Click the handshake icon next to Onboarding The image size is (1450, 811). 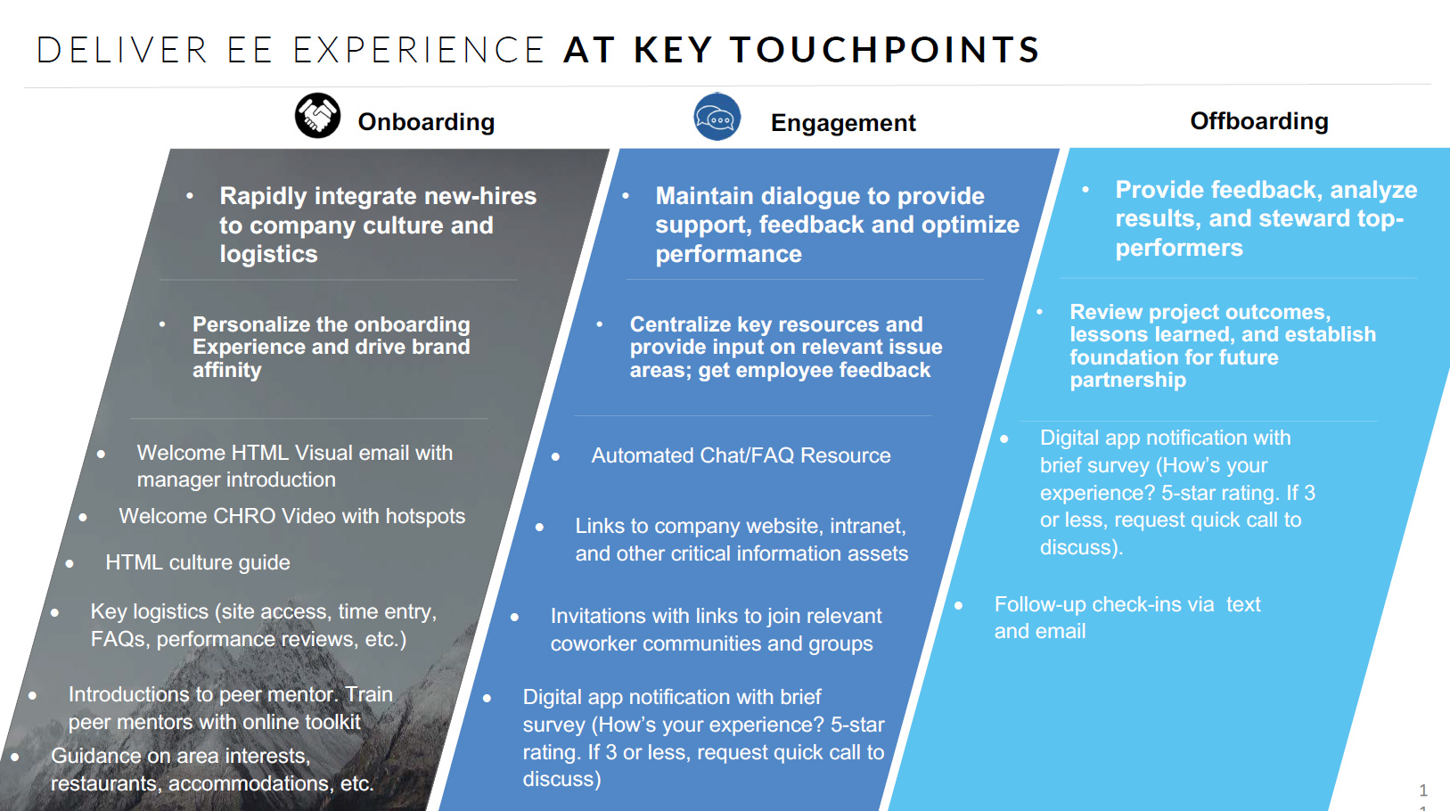point(317,116)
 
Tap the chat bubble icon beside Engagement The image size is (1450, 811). point(717,117)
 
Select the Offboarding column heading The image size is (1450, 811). point(1258,121)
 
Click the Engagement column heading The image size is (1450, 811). point(842,123)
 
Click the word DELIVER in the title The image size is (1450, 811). point(122,50)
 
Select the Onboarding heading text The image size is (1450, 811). point(426,122)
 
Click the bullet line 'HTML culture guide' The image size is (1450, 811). point(197,563)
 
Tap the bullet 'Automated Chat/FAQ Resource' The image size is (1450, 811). point(741,456)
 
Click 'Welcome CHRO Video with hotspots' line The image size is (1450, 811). point(291,517)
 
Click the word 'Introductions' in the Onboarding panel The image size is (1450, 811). point(128,695)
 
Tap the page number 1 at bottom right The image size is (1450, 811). point(1423,791)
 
